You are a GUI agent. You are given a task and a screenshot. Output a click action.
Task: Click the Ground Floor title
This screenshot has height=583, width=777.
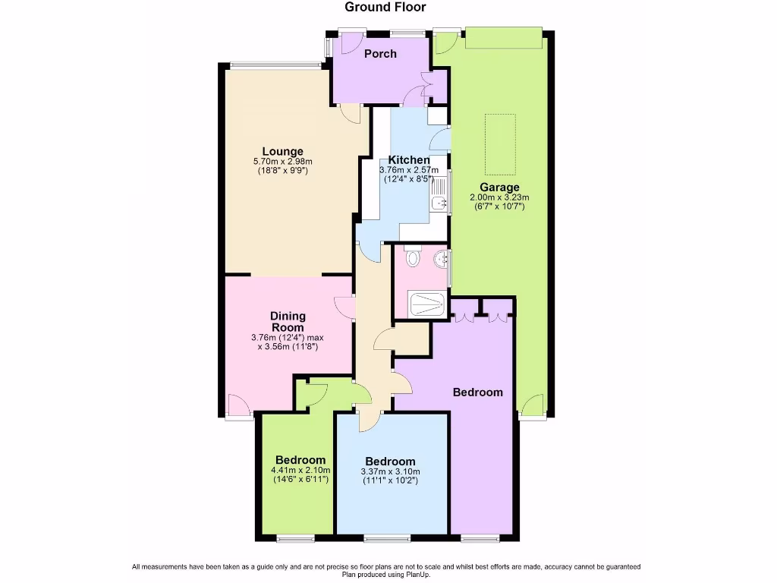click(385, 8)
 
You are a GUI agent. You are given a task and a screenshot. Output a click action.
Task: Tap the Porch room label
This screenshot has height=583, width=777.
click(380, 54)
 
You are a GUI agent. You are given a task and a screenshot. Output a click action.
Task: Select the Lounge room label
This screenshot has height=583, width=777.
click(283, 151)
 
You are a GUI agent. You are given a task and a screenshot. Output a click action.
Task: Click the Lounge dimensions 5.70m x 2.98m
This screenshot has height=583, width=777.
click(283, 162)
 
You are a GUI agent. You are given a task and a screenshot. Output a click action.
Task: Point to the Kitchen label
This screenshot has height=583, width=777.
click(409, 160)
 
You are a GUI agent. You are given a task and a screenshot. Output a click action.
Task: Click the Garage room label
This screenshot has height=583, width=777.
click(499, 188)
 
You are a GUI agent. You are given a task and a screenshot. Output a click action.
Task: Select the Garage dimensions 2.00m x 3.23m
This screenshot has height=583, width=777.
click(499, 198)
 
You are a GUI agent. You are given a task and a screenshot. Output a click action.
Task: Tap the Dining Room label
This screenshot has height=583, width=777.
click(288, 322)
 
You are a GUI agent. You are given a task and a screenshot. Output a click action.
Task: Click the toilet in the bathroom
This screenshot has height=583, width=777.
click(412, 258)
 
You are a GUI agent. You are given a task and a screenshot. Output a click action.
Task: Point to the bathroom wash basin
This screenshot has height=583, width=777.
click(441, 260)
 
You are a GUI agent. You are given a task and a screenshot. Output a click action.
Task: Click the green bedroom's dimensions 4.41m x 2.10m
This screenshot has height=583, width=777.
click(300, 471)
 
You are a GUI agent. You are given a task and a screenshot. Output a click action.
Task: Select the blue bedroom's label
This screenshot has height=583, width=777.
click(390, 462)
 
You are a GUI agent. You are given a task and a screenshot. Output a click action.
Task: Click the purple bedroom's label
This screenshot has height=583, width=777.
click(478, 392)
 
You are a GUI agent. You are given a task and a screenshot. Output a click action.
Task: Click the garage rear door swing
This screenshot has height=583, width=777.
click(533, 406)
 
